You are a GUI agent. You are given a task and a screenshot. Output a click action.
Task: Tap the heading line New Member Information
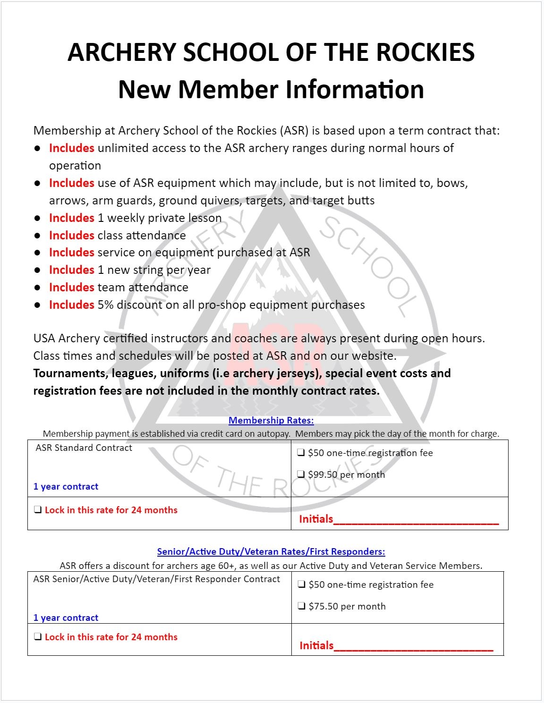[x=271, y=90]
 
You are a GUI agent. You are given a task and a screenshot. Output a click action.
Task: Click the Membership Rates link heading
[x=271, y=420]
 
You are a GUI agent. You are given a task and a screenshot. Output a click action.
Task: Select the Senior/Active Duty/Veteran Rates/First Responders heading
[x=271, y=551]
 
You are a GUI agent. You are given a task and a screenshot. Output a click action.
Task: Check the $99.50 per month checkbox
[x=301, y=474]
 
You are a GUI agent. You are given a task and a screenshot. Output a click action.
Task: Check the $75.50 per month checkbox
[x=301, y=606]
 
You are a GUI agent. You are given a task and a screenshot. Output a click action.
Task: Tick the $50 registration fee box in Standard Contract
[x=301, y=453]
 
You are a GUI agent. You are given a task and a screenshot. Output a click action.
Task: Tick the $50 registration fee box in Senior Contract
[x=301, y=584]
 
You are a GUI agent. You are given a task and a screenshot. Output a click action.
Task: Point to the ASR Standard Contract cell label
[x=84, y=448]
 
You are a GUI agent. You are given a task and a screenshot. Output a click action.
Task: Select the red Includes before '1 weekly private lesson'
[x=72, y=218]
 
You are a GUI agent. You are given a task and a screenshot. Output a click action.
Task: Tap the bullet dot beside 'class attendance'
[x=37, y=236]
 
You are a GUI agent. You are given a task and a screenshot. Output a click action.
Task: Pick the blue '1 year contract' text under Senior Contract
[x=66, y=618]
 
